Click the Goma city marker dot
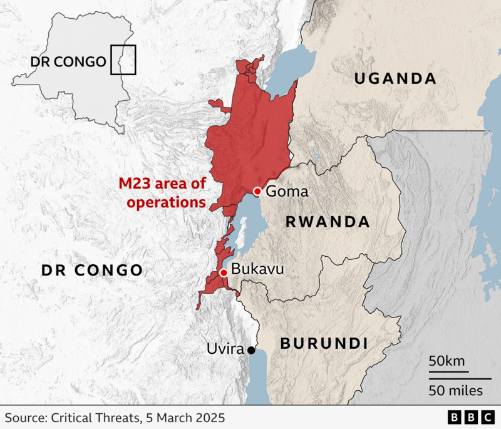(x=257, y=191)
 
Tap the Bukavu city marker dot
(x=224, y=272)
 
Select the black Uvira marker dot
(x=251, y=350)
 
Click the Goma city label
(x=287, y=192)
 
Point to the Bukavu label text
(x=257, y=269)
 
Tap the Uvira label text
(x=225, y=349)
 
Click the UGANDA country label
(x=395, y=78)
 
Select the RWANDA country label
(x=327, y=222)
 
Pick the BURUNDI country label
(x=323, y=343)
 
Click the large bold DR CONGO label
(x=91, y=270)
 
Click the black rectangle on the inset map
(x=123, y=60)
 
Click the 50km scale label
(x=447, y=362)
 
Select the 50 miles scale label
(x=456, y=391)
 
